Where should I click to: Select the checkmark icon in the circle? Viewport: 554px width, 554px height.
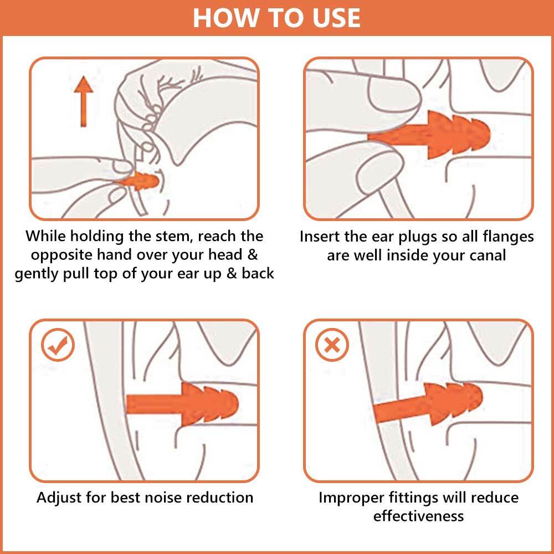point(58,345)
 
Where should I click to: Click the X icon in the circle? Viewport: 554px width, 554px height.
point(332,345)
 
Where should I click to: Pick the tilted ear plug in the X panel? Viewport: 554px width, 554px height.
point(428,404)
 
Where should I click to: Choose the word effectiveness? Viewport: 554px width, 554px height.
point(418,516)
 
